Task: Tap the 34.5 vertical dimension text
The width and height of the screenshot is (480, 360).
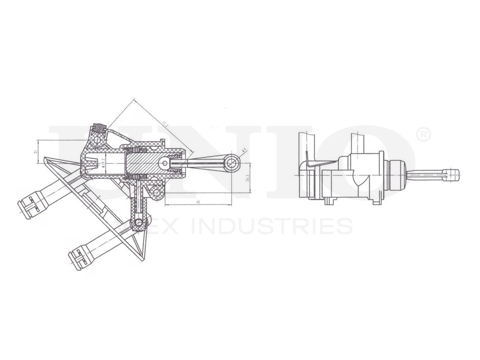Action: click(247, 178)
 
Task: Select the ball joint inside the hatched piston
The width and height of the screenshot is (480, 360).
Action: click(165, 164)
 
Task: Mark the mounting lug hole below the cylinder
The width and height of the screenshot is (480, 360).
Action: click(156, 193)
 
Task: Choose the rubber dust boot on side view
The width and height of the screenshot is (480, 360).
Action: click(396, 175)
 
